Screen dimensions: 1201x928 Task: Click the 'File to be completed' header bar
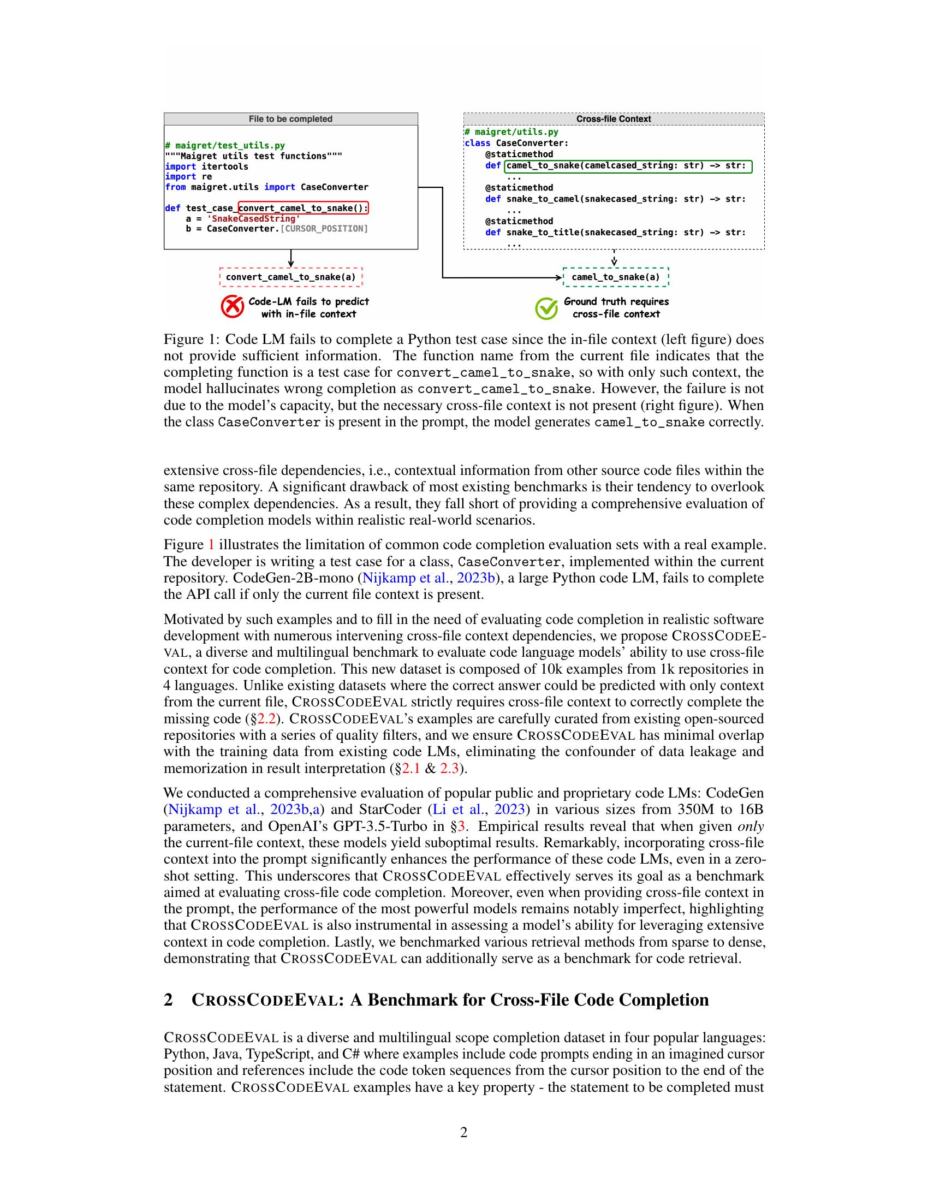pyautogui.click(x=290, y=119)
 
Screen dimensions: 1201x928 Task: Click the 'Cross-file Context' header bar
pyautogui.click(x=614, y=119)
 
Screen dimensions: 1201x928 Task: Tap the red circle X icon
pyautogui.click(x=232, y=307)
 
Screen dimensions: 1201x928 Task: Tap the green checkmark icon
pyautogui.click(x=546, y=308)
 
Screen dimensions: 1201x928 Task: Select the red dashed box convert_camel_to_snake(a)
pyautogui.click(x=291, y=277)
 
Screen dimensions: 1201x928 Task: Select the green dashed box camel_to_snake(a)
pyautogui.click(x=616, y=277)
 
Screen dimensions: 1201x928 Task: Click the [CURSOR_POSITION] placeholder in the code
pyautogui.click(x=324, y=229)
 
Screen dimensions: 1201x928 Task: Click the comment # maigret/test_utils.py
pyautogui.click(x=225, y=146)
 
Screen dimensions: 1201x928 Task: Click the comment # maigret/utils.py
pyautogui.click(x=511, y=132)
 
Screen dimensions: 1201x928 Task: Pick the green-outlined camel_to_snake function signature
pyautogui.click(x=628, y=166)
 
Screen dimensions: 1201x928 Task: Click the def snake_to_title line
pyautogui.click(x=615, y=233)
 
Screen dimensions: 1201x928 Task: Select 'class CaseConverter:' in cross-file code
pyautogui.click(x=516, y=143)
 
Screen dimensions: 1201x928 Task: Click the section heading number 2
pyautogui.click(x=168, y=999)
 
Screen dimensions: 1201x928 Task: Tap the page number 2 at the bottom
pyautogui.click(x=463, y=1132)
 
